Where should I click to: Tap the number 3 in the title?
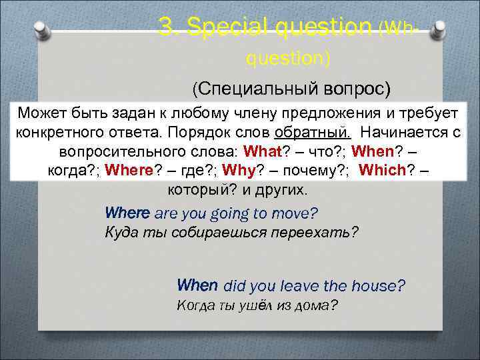point(166,26)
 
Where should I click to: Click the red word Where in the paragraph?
point(129,169)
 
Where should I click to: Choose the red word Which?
point(383,169)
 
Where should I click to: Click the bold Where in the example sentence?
point(128,213)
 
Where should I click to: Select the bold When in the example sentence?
point(197,285)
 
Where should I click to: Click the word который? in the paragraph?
point(197,189)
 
